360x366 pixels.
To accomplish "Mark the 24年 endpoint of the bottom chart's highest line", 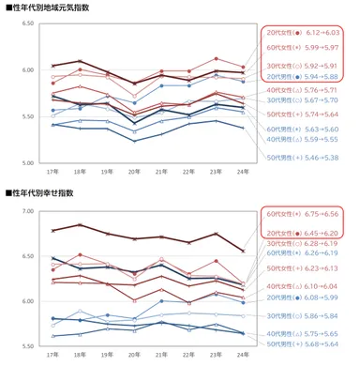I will (x=244, y=251).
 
